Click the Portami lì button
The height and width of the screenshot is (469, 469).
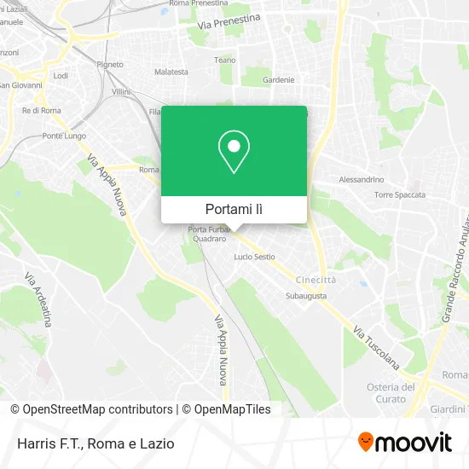[x=234, y=209]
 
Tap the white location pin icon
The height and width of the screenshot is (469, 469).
[x=234, y=153]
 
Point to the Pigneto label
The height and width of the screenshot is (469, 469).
[x=110, y=64]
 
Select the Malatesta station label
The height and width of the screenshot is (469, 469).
[x=171, y=72]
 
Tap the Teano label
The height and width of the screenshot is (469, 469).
[x=224, y=61]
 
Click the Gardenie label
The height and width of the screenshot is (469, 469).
[x=279, y=80]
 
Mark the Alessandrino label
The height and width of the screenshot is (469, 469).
[x=362, y=180]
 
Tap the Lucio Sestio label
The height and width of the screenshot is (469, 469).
[x=254, y=257]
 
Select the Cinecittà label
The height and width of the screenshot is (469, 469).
[x=316, y=280]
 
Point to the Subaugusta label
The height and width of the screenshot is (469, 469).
[x=304, y=297]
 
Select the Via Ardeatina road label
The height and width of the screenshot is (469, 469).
[x=38, y=299]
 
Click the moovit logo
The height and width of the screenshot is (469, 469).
[x=405, y=443]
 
